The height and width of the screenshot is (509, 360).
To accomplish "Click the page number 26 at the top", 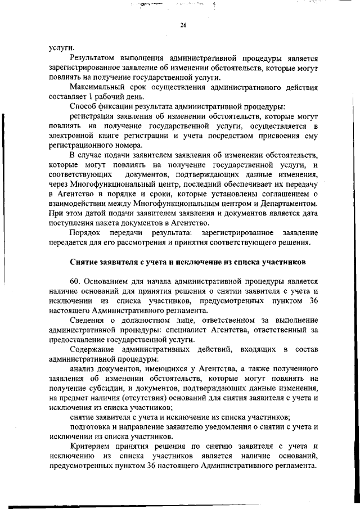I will pos(183,25).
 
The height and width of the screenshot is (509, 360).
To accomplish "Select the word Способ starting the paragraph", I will pos(83,106).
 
